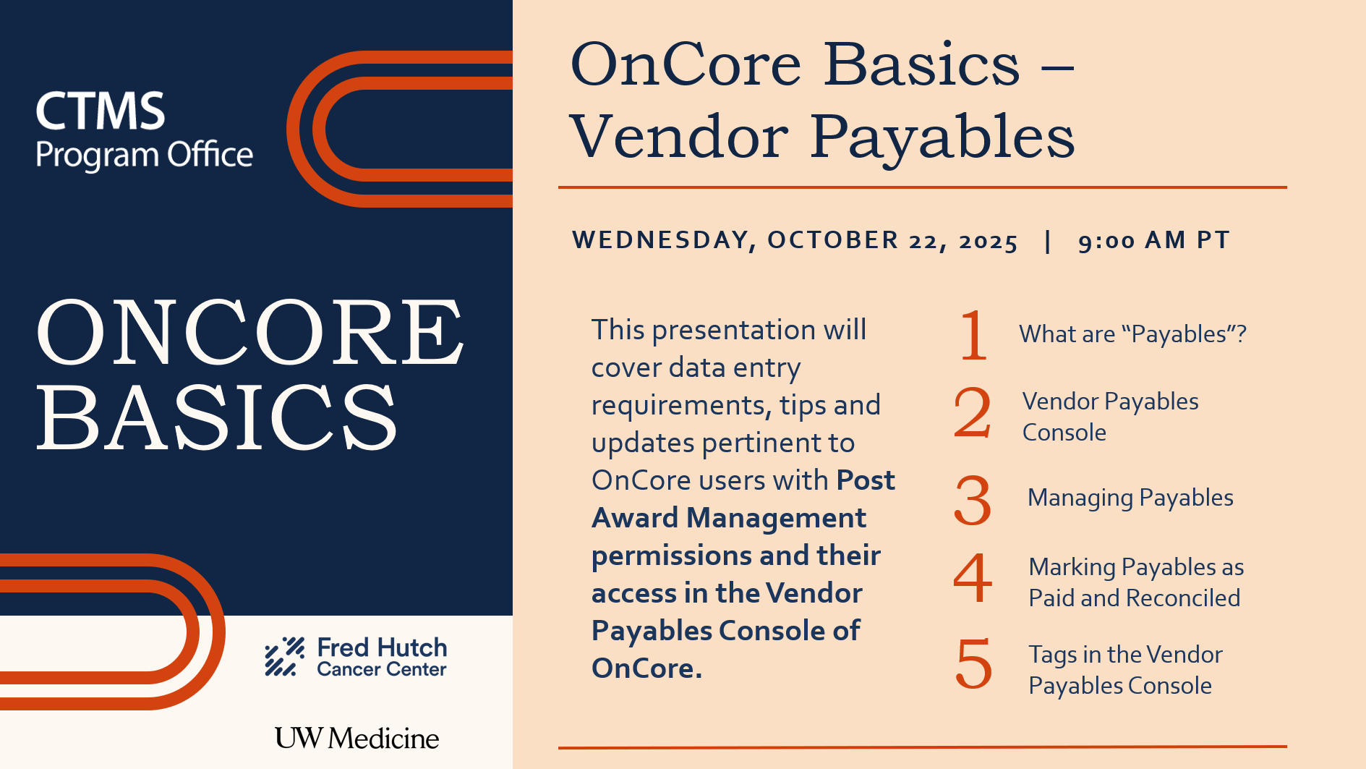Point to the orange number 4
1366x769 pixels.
[973, 577]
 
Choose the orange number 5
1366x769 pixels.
[973, 663]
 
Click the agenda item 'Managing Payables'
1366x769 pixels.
[1130, 498]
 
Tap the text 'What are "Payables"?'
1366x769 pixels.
[1133, 334]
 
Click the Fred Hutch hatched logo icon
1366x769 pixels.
[284, 656]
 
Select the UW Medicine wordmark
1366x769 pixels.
[357, 738]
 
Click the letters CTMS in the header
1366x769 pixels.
[101, 111]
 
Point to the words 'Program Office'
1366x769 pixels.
[145, 156]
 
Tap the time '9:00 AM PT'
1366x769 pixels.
[1154, 240]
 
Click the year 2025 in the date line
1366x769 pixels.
[989, 241]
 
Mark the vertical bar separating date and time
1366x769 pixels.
[1048, 241]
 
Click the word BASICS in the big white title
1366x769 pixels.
[217, 417]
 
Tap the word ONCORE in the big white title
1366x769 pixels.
[250, 332]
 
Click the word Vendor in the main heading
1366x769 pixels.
[679, 136]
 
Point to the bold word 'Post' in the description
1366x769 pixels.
[866, 480]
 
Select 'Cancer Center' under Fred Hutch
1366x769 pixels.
[382, 669]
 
